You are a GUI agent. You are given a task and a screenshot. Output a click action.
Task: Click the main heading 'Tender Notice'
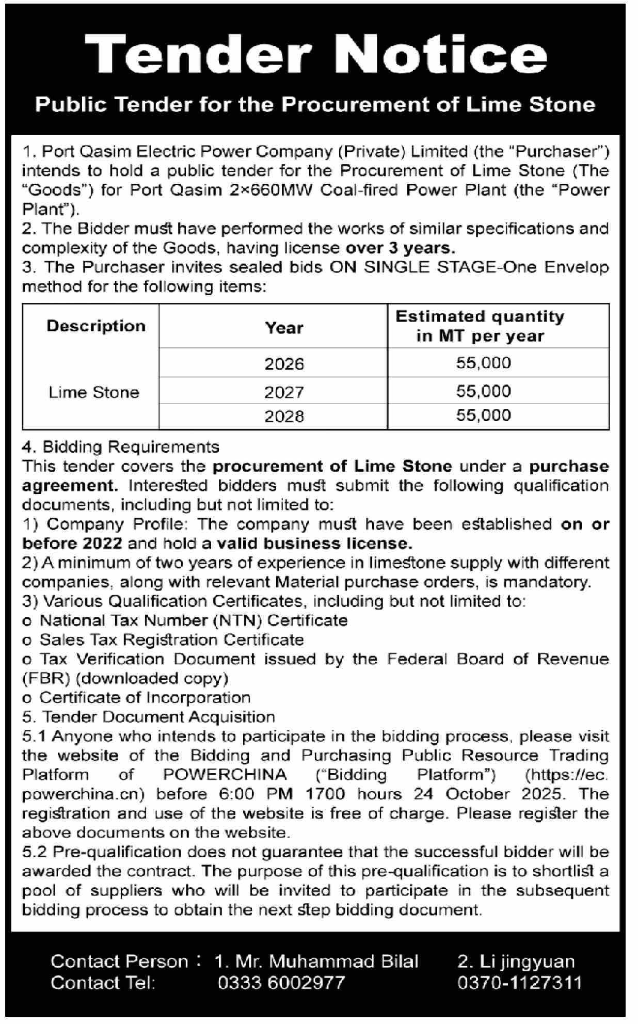click(x=316, y=54)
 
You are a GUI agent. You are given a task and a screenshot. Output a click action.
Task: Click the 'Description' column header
click(x=96, y=326)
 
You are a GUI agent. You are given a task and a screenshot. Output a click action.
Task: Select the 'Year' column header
click(x=284, y=328)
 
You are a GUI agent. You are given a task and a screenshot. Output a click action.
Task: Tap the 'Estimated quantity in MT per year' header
click(x=480, y=326)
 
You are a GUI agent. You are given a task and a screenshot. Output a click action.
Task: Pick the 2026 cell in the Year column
click(x=284, y=364)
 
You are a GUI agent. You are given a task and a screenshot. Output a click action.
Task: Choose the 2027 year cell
click(x=284, y=392)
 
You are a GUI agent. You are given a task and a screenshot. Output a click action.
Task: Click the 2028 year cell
click(x=284, y=416)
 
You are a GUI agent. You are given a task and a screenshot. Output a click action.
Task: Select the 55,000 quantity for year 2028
click(x=484, y=415)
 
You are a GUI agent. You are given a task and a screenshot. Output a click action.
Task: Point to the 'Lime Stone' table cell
click(x=94, y=392)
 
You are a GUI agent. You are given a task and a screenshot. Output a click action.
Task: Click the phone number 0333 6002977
click(x=281, y=982)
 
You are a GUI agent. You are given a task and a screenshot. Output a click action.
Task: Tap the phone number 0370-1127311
click(x=519, y=982)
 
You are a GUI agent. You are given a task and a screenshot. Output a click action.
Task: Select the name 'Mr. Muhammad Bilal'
click(x=327, y=961)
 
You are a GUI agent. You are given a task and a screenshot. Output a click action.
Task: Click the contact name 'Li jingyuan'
click(x=527, y=961)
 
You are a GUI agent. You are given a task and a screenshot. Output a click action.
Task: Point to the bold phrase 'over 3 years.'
click(x=401, y=248)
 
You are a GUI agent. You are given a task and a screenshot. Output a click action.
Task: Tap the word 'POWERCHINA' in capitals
click(x=225, y=775)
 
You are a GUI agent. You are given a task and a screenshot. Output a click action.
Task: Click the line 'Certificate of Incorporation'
click(x=145, y=697)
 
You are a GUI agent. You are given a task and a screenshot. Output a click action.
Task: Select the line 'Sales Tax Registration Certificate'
click(x=172, y=639)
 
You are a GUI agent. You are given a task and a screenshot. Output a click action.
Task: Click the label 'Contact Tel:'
click(x=103, y=982)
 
